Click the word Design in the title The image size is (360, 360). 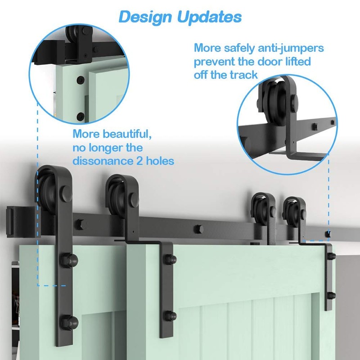click(x=145, y=17)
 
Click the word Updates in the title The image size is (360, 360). click(x=209, y=17)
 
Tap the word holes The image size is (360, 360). click(x=160, y=160)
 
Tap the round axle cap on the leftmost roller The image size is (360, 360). click(x=65, y=195)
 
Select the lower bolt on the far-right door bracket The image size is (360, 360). click(x=332, y=296)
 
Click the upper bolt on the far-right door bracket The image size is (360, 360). click(x=332, y=256)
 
